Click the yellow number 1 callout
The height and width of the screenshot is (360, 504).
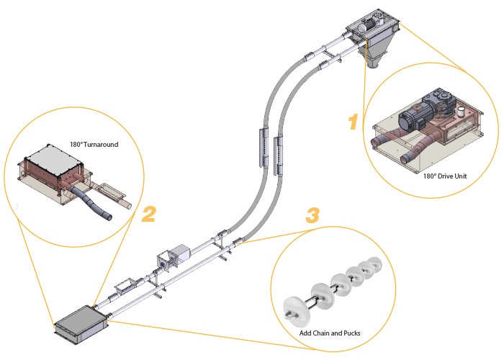pyautogui.click(x=353, y=122)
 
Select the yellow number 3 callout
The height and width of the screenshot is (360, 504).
pyautogui.click(x=312, y=215)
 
